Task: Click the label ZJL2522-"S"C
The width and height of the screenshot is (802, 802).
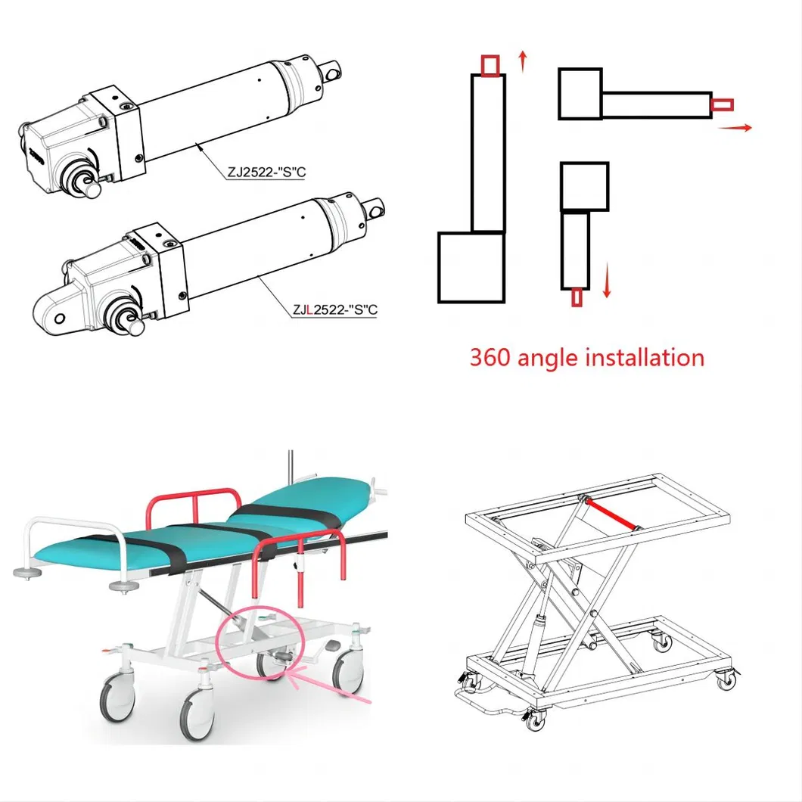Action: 334,309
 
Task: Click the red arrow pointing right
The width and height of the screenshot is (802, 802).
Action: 735,129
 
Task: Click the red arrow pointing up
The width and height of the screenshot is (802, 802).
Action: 522,61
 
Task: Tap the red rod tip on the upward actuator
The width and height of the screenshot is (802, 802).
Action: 490,66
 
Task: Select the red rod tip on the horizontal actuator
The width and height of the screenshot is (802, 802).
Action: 723,104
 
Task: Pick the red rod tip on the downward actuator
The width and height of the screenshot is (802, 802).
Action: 577,298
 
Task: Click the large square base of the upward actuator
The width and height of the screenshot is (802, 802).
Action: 471,267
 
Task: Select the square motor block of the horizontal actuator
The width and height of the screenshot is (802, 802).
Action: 580,94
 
